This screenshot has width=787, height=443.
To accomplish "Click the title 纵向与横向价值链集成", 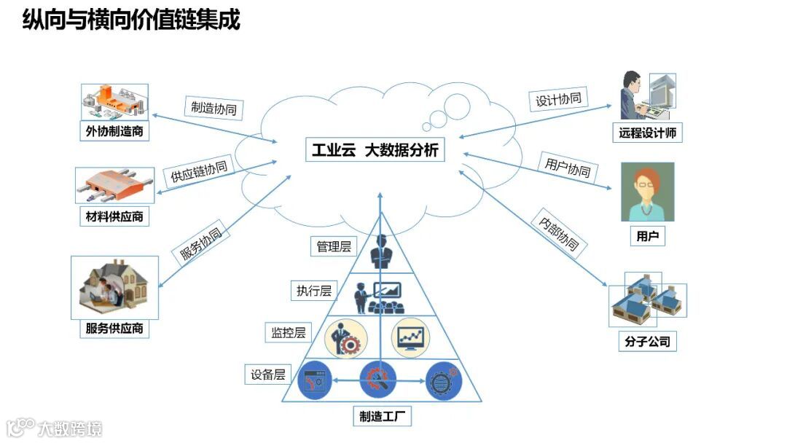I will [x=131, y=20].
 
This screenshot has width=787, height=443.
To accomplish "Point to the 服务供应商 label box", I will [x=114, y=329].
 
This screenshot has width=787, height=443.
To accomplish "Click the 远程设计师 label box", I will [x=648, y=133].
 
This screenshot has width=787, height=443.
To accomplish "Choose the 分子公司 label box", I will [x=647, y=341].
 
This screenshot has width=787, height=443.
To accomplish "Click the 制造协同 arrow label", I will [x=213, y=109].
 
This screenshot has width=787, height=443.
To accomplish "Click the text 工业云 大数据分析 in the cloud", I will [x=375, y=151].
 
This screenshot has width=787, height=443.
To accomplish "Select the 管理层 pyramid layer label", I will [x=334, y=246].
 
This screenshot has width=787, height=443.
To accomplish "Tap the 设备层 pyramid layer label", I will [x=267, y=375].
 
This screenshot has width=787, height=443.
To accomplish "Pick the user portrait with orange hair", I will [x=647, y=192].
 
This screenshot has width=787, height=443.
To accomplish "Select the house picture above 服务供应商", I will [x=114, y=287].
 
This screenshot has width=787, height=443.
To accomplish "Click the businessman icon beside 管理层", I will [x=380, y=251].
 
